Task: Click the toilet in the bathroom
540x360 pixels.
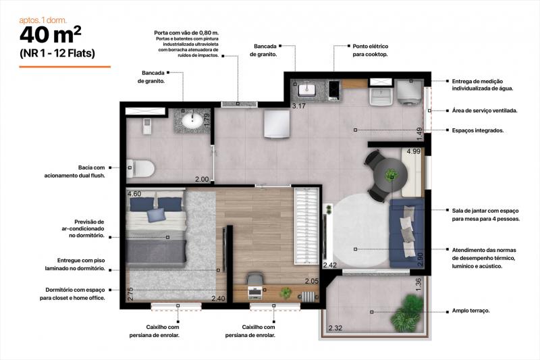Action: tap(140, 168)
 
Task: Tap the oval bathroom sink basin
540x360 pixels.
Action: tap(192, 120)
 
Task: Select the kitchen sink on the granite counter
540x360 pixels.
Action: tap(306, 89)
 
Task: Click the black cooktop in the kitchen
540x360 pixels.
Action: tap(333, 91)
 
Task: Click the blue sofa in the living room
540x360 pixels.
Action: tap(406, 233)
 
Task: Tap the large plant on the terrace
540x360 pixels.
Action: tap(408, 312)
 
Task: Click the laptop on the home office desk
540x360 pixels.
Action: tap(254, 292)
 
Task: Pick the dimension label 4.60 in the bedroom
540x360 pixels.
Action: tap(134, 194)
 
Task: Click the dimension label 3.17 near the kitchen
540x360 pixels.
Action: tap(299, 106)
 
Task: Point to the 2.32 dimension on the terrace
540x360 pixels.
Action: tap(335, 328)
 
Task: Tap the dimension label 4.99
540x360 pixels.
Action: tap(414, 151)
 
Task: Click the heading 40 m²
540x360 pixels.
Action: tap(51, 35)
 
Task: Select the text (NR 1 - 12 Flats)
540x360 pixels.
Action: tap(57, 53)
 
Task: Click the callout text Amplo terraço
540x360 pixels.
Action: tap(470, 311)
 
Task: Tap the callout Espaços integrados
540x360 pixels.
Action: tap(478, 130)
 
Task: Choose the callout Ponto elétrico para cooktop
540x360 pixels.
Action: tap(370, 50)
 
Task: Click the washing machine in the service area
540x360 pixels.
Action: tap(409, 92)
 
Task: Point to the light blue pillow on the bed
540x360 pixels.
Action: tap(156, 215)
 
